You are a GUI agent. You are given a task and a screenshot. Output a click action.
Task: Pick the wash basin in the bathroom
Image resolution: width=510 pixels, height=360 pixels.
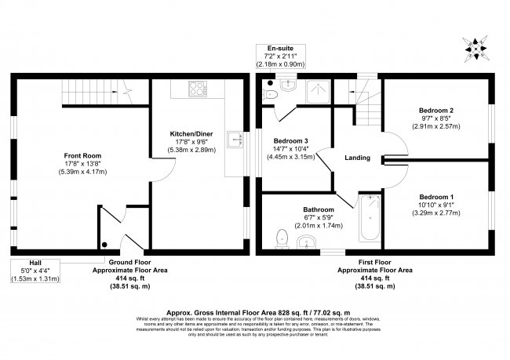(x=310, y=242)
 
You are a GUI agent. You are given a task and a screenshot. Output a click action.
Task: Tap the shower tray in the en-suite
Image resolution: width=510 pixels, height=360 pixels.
(x=318, y=92)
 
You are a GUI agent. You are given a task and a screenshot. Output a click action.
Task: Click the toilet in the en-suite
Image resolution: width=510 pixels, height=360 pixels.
(x=271, y=94)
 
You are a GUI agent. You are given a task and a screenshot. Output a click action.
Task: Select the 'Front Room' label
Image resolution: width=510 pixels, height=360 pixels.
(x=81, y=155)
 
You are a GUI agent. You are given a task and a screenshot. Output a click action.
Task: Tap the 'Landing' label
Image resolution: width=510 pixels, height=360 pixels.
(x=357, y=158)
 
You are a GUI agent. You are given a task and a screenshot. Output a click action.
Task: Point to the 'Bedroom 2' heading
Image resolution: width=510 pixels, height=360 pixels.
(x=437, y=111)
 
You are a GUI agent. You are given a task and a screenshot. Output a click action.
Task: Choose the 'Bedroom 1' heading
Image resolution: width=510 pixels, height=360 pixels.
(x=435, y=196)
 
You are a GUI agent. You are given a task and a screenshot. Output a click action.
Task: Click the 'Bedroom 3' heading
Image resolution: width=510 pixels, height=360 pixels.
(x=291, y=140)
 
